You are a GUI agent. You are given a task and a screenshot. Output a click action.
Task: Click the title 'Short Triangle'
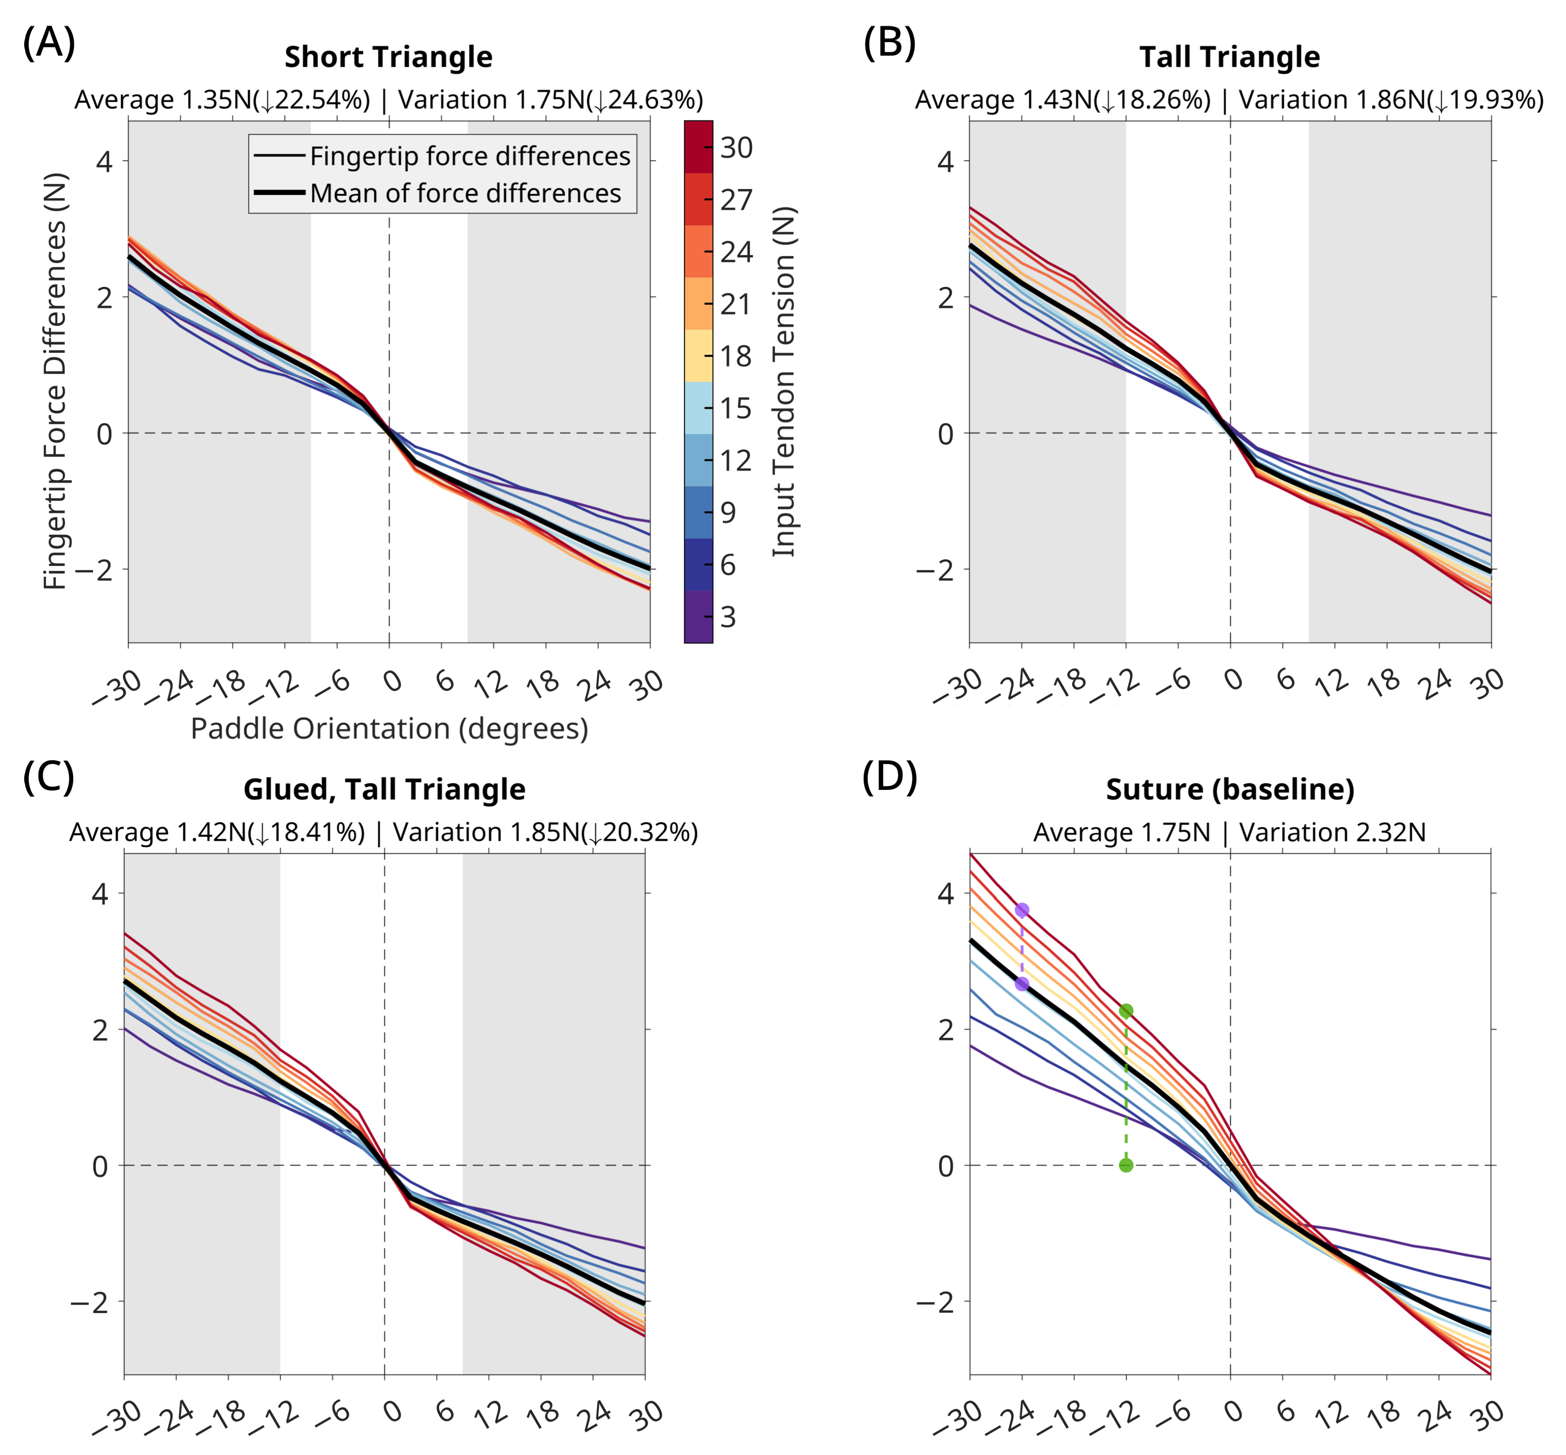pyautogui.click(x=388, y=57)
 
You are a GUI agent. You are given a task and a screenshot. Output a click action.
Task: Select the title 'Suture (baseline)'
pyautogui.click(x=1230, y=789)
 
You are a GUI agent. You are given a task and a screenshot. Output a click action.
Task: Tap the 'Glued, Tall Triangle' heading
pyautogui.click(x=385, y=789)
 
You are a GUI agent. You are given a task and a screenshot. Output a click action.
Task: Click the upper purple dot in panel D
pyautogui.click(x=1022, y=910)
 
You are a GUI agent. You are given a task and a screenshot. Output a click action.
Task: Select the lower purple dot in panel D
pyautogui.click(x=1022, y=984)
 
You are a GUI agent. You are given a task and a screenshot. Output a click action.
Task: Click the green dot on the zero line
pyautogui.click(x=1126, y=1165)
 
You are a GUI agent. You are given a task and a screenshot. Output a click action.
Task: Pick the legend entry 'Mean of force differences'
pyautogui.click(x=465, y=193)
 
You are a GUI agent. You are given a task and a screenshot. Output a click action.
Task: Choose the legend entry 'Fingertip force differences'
pyautogui.click(x=469, y=156)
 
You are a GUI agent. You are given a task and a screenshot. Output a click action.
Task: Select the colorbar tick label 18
pyautogui.click(x=737, y=356)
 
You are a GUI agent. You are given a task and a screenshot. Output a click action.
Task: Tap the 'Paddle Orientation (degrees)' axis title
pyautogui.click(x=389, y=728)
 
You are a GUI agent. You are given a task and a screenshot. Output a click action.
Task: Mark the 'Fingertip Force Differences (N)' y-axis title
pyautogui.click(x=55, y=382)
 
